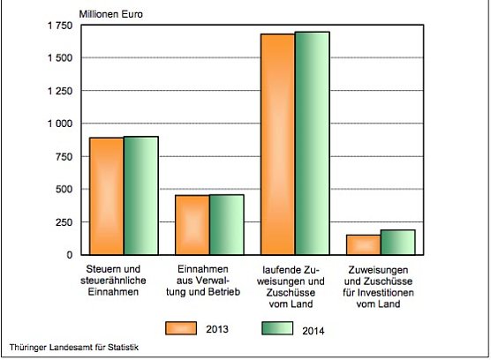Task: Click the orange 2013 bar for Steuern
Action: [x=106, y=196]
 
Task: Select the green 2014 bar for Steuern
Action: [x=141, y=196]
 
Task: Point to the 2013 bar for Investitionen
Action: [x=363, y=244]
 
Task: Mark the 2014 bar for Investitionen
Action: [x=397, y=242]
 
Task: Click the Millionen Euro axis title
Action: [x=110, y=12]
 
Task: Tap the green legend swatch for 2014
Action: [x=278, y=328]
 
